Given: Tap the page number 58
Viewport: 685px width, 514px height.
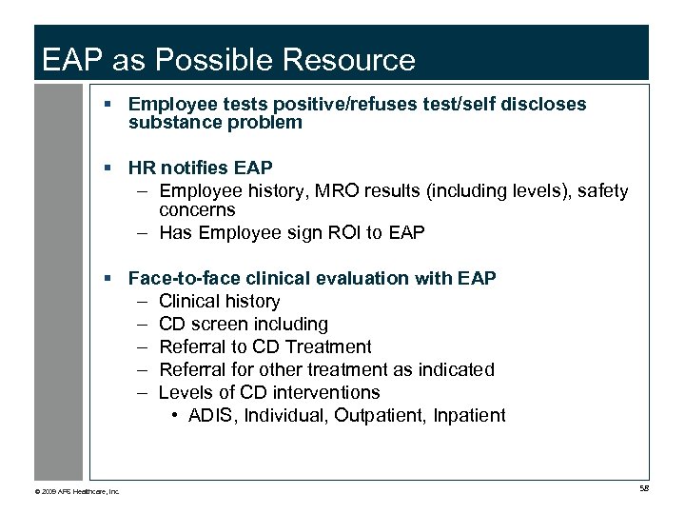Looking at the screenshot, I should (644, 488).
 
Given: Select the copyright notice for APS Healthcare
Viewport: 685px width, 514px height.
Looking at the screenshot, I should (76, 491).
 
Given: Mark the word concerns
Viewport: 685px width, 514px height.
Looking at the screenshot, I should (197, 210).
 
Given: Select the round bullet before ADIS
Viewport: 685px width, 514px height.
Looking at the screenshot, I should (178, 416).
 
